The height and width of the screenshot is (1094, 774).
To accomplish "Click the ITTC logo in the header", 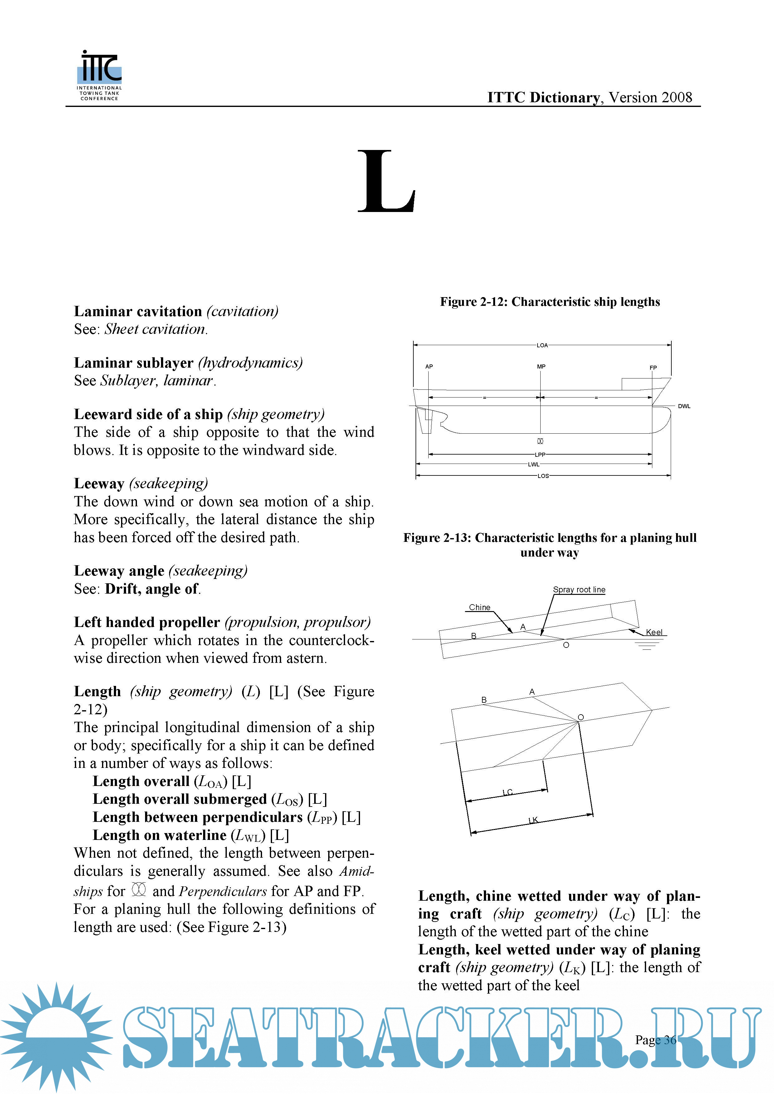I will (99, 75).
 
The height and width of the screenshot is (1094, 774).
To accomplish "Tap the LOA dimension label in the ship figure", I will (542, 345).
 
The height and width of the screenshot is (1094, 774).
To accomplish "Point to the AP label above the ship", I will (429, 366).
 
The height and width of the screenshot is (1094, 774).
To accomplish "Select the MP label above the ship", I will (541, 366).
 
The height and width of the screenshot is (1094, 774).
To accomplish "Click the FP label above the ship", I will (653, 367).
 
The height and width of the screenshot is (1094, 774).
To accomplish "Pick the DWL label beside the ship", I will (684, 406).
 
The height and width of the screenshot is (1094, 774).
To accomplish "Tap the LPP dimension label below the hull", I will (540, 455).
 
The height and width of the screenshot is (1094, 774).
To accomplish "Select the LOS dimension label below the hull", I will (543, 475).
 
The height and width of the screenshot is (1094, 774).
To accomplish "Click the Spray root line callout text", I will (579, 590).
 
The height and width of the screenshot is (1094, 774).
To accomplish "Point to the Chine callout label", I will (479, 607).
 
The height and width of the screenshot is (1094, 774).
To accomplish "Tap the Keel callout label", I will (654, 632).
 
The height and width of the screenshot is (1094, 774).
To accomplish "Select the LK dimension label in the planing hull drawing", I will (533, 820).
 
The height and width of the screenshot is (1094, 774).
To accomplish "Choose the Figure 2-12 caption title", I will (550, 301).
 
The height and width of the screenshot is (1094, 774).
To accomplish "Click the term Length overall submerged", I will (180, 799).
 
